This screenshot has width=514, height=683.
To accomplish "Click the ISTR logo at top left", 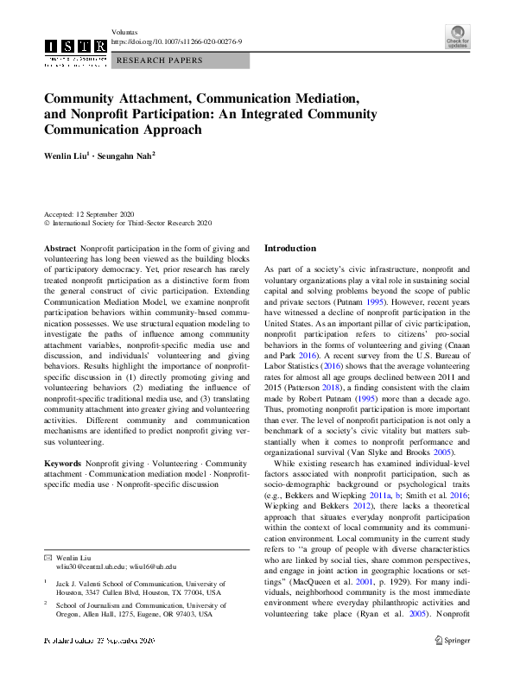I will (75, 47).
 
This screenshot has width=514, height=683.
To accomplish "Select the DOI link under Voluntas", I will (165, 41).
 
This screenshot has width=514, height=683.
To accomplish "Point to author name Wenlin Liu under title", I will (72, 157).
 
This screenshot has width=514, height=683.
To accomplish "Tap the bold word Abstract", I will (60, 248).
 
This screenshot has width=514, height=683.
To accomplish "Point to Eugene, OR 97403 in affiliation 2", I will (174, 613).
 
